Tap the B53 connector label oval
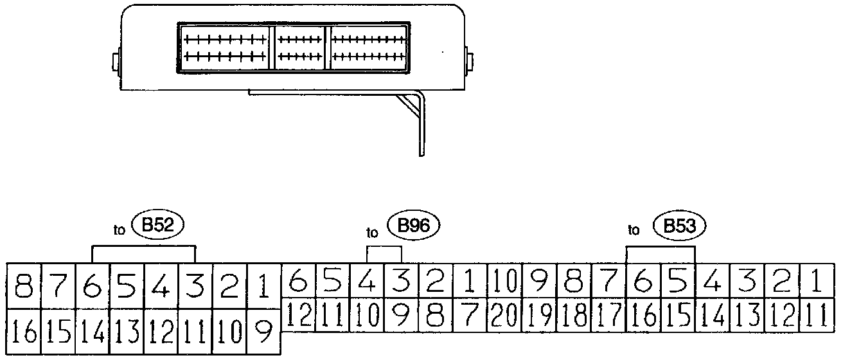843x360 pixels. (679, 226)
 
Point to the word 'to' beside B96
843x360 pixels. (372, 231)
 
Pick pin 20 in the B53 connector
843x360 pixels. (504, 315)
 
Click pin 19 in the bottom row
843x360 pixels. (538, 315)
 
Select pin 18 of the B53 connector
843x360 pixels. (573, 315)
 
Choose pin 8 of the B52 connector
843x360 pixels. (24, 285)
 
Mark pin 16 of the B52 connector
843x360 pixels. (24, 332)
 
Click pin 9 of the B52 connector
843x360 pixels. (263, 332)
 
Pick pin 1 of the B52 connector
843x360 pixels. (263, 285)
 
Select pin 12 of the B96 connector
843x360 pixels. (298, 315)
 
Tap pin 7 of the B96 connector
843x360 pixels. (470, 315)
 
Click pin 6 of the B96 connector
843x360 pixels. (298, 282)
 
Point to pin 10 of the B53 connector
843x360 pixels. (504, 282)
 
